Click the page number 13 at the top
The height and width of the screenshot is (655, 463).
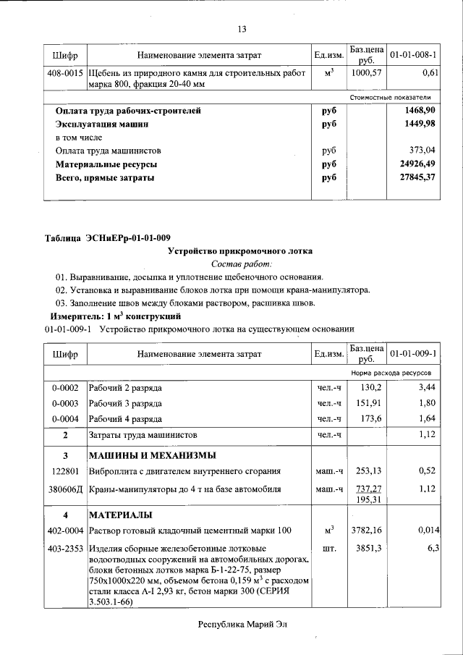pyautogui.click(x=242, y=29)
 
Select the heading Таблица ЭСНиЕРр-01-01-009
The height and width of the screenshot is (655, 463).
pyautogui.click(x=107, y=238)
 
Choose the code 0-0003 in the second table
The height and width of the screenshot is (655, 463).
pyautogui.click(x=65, y=403)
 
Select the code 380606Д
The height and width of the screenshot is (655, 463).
pyautogui.click(x=65, y=489)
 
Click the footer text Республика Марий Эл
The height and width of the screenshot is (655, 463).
pyautogui.click(x=242, y=625)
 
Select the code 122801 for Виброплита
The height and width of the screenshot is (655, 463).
pyautogui.click(x=65, y=470)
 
